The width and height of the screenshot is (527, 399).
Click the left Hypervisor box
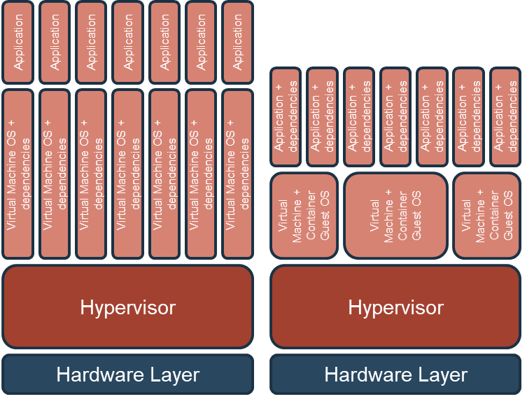pyautogui.click(x=128, y=307)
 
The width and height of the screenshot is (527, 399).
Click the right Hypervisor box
pyautogui.click(x=396, y=307)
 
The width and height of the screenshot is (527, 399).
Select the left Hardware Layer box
pyautogui.click(x=128, y=374)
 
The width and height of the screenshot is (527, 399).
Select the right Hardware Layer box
pyautogui.click(x=396, y=374)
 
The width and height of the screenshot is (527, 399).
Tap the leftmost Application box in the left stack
pyautogui.click(x=19, y=42)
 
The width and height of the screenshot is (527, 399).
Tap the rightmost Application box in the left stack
pyautogui.click(x=237, y=42)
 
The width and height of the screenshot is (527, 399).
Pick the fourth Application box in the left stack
pyautogui.click(x=128, y=42)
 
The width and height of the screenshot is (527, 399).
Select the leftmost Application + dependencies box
pyautogui.click(x=286, y=117)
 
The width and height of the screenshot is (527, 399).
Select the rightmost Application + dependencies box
pyautogui.click(x=505, y=117)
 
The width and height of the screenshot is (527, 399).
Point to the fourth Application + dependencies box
pyautogui.click(x=395, y=117)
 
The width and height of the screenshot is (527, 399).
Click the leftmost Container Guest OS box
pyautogui.click(x=304, y=216)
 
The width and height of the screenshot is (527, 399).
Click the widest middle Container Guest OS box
pyautogui.click(x=395, y=216)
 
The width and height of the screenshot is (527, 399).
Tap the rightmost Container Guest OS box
pyautogui.click(x=486, y=216)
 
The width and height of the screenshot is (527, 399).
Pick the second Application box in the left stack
pyautogui.click(x=55, y=42)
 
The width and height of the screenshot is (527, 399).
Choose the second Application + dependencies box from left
pyautogui.click(x=323, y=117)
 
